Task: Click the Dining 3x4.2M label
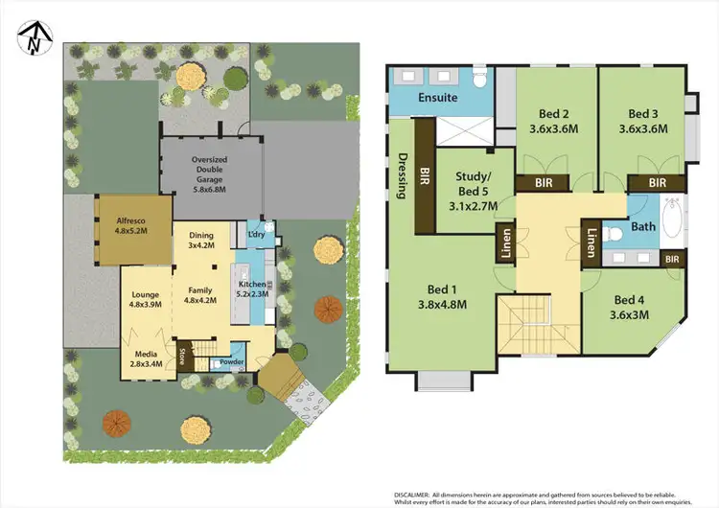(200, 240)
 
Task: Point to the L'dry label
(256, 235)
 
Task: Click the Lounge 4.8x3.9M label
(144, 297)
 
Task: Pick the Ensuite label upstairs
(438, 98)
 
